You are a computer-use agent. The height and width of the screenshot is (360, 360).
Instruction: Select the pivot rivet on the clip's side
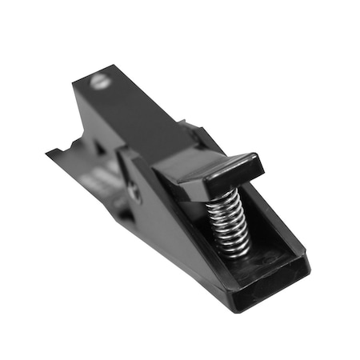[134, 191]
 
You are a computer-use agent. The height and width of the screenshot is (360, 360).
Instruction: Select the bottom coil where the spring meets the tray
[234, 249]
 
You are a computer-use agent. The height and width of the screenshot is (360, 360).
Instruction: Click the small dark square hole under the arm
[99, 149]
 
